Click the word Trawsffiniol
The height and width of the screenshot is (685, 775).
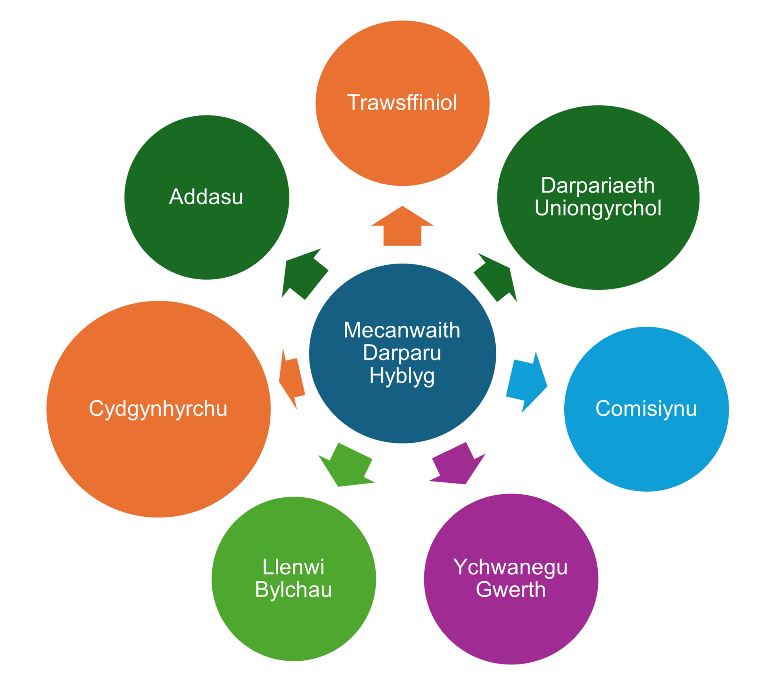pos(402,103)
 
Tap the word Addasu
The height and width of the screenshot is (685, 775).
pos(206,197)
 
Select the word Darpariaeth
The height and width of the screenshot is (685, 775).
pos(598,186)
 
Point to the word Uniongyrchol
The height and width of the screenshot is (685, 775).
pos(598,208)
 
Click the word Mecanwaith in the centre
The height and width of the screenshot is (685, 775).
pos(402,330)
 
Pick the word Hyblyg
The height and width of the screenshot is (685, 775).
pos(402,376)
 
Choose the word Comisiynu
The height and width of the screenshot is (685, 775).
pos(646,408)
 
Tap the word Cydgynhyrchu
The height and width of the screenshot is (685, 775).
pos(158,408)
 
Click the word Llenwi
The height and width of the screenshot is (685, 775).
pos(293,567)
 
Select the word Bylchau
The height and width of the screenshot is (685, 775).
pos(293,590)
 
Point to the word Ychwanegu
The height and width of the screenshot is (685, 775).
pos(511,567)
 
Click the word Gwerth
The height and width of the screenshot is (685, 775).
pos(511,590)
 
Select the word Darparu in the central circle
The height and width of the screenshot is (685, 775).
pos(402,353)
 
